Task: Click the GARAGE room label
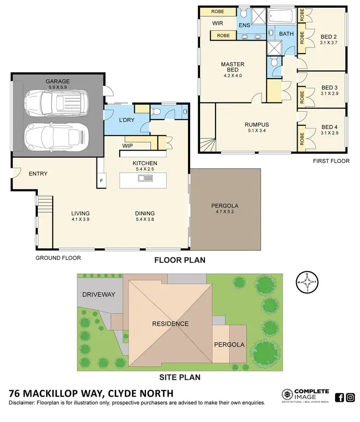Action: coord(57,82)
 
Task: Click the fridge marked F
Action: coord(101,181)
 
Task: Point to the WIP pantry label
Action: coord(128,144)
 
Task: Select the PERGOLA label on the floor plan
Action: coord(225,206)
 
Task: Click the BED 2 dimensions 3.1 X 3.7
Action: coord(329,42)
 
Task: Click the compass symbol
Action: coord(307,282)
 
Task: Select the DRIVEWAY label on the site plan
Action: coord(98,294)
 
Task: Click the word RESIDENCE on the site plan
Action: coord(170,324)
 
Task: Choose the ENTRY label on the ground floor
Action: coord(38,174)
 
